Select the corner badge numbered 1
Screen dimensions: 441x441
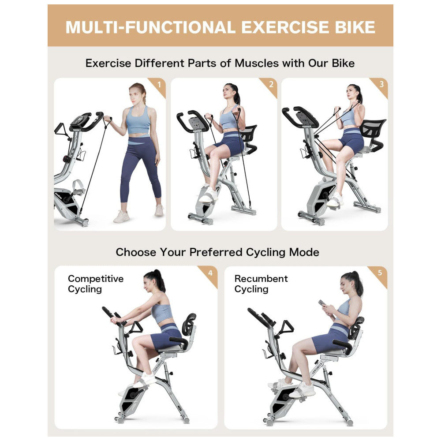pyautogui.click(x=157, y=86)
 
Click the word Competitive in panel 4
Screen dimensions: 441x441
pyautogui.click(x=96, y=279)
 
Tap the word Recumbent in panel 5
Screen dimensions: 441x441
pyautogui.click(x=261, y=279)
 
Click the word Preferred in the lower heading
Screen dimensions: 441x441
pyautogui.click(x=216, y=252)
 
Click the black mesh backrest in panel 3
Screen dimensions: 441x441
pyautogui.click(x=372, y=128)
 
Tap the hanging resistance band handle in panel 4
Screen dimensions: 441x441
pyautogui.click(x=136, y=328)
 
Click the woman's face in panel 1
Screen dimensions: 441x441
pyautogui.click(x=135, y=94)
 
